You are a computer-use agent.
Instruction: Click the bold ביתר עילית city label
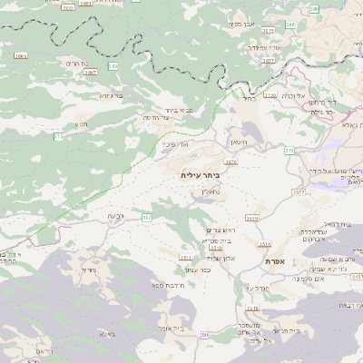[201, 174]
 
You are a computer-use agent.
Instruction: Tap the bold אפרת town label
[277, 260]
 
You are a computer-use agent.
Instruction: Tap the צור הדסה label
[159, 118]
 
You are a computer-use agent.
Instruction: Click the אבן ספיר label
[240, 24]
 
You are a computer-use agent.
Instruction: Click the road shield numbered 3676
[231, 162]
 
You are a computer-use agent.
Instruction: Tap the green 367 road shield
[147, 218]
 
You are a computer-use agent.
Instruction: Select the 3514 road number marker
[264, 244]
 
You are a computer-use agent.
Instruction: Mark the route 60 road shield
[204, 335]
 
